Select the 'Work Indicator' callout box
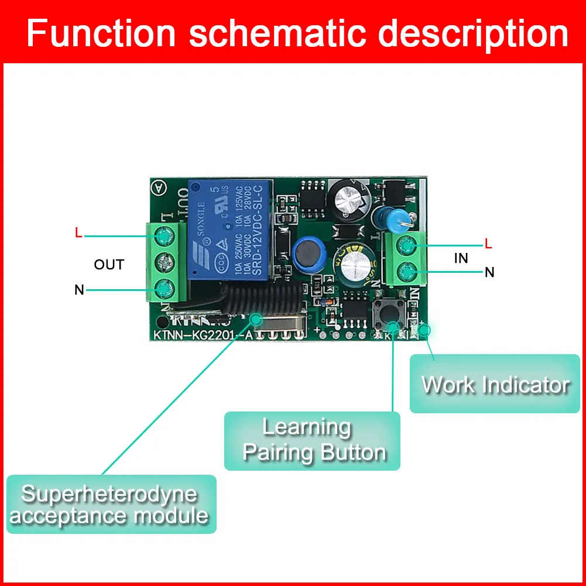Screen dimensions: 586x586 point(495,384)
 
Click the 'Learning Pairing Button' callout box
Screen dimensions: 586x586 point(312,440)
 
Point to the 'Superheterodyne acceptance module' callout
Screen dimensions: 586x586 point(111,503)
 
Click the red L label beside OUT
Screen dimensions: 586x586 point(79,232)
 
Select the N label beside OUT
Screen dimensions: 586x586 point(79,289)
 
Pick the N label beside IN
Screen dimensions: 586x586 point(489,272)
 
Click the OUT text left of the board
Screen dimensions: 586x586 point(109,265)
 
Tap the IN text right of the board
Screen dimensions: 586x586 point(461,258)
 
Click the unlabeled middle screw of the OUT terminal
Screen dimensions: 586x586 point(163,262)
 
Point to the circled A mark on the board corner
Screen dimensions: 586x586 point(157,187)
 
